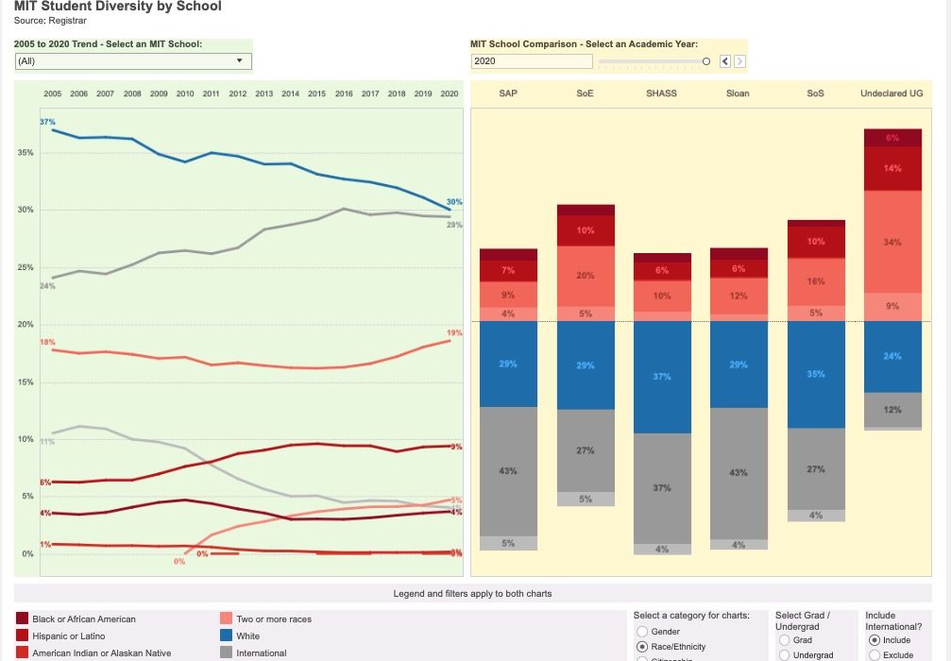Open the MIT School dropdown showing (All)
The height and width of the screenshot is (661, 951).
click(133, 61)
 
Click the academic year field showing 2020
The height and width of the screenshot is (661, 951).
click(532, 61)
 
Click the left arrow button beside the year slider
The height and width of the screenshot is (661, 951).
click(725, 61)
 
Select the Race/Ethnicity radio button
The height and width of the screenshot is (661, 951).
click(642, 647)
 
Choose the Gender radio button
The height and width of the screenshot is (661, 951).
click(642, 632)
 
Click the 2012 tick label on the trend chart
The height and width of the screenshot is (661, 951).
click(237, 94)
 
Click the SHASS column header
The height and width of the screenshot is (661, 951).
click(661, 94)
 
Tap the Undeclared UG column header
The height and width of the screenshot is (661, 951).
click(892, 94)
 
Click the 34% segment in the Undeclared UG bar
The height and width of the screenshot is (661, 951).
click(892, 242)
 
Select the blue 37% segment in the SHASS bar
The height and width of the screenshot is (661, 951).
click(661, 377)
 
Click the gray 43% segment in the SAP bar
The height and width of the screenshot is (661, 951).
click(508, 470)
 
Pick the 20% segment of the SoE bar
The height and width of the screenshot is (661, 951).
click(586, 276)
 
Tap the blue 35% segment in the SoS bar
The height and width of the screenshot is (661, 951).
click(816, 374)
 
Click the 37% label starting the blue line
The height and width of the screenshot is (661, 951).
click(47, 123)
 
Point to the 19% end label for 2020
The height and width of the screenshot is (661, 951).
click(454, 333)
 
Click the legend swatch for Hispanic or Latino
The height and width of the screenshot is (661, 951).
click(22, 636)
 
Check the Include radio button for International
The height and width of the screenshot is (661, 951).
click(875, 640)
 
